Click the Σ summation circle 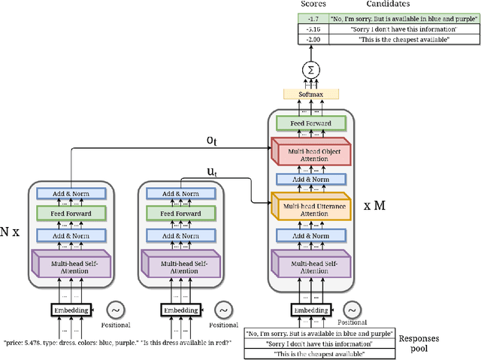pos(309,70)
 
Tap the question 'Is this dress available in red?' pos(186,343)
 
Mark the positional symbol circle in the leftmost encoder pos(116,310)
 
